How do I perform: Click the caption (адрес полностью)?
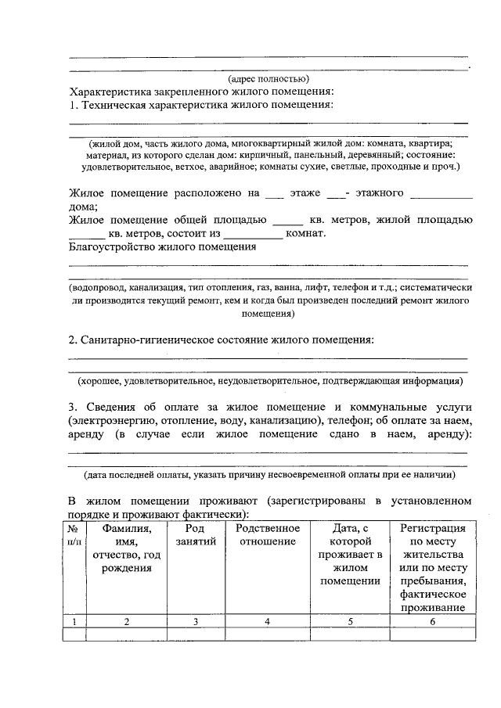point(269,78)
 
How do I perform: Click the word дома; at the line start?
point(83,207)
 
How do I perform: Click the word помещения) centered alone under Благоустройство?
point(269,313)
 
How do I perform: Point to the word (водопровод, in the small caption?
point(98,287)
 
